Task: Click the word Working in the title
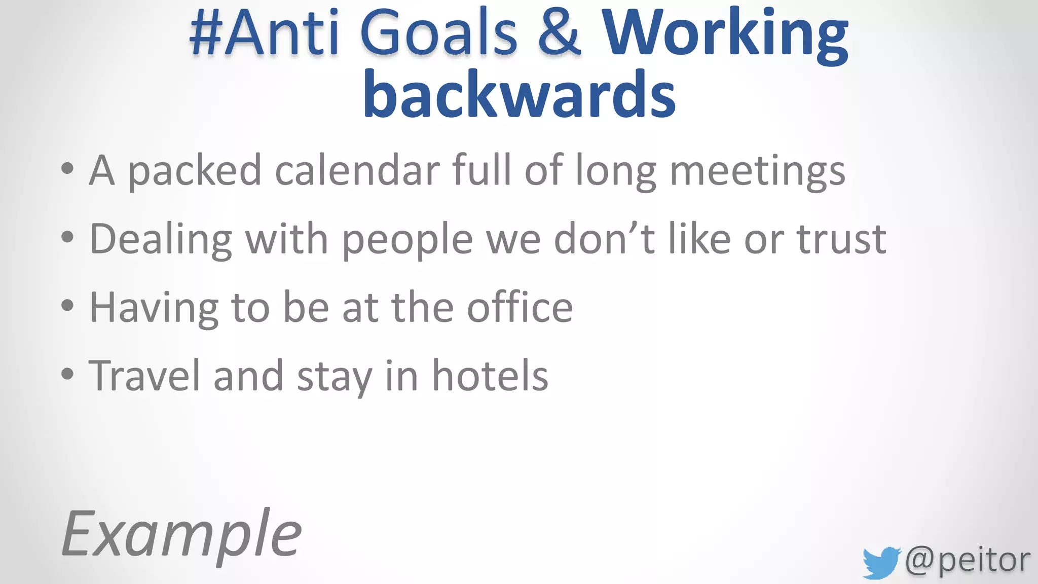tap(725, 34)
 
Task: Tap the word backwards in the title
tap(519, 94)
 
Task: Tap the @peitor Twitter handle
tap(967, 560)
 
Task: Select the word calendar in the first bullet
tap(357, 170)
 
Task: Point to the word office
tap(520, 307)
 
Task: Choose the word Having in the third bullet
tap(154, 308)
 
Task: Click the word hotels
tap(490, 376)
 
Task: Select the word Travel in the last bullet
tap(144, 376)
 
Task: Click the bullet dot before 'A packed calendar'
tap(67, 169)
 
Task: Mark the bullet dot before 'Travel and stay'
tap(67, 374)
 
